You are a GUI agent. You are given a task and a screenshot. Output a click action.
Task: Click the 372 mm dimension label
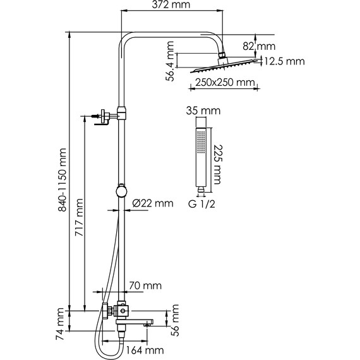coord(171,4)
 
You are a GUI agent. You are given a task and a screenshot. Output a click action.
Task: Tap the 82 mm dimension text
coord(259,47)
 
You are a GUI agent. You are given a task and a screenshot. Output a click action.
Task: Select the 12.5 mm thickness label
coord(284,61)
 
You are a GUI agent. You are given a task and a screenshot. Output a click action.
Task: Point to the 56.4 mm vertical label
coord(170,61)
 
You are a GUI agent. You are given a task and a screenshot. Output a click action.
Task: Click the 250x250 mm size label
coord(225,83)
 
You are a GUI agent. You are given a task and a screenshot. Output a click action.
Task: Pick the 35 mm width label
coord(203,111)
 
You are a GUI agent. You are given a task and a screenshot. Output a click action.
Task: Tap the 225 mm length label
coord(218,164)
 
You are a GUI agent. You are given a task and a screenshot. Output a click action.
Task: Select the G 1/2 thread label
coord(202,204)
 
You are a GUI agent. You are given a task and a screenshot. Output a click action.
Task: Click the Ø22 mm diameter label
coord(153,203)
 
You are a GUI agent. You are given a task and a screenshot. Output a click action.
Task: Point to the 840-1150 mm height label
coord(63,180)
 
